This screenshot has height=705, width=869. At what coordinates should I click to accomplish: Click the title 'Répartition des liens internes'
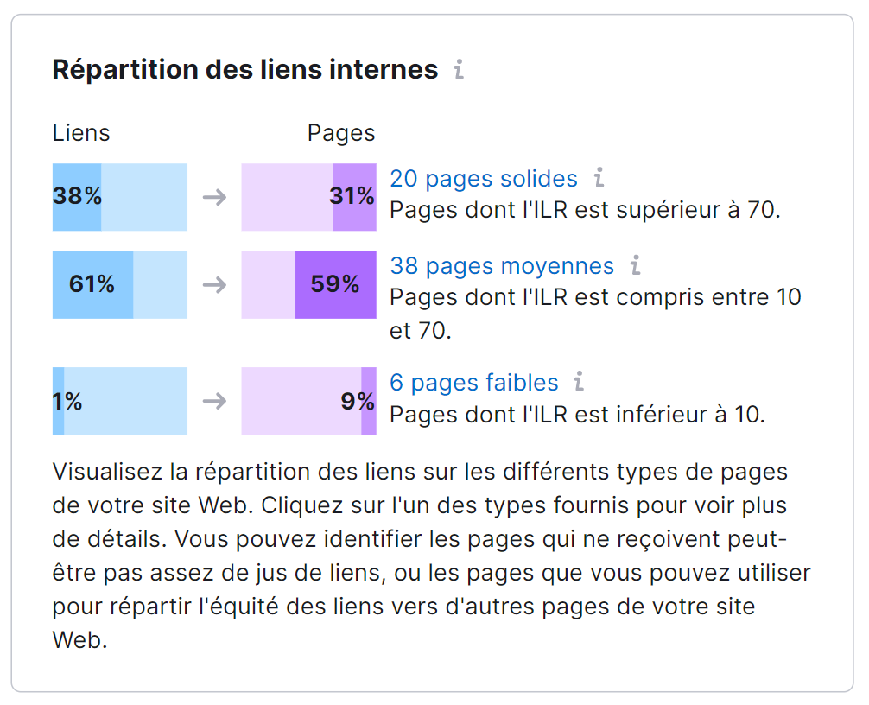click(x=245, y=69)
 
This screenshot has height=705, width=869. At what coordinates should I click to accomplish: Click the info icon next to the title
click(x=459, y=69)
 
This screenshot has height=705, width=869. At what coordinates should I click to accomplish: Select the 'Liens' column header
click(x=81, y=133)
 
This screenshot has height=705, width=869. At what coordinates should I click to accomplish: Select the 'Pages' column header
click(x=341, y=133)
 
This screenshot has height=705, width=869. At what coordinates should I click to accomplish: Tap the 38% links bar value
click(x=77, y=197)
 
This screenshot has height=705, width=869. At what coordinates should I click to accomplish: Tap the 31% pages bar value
click(x=352, y=197)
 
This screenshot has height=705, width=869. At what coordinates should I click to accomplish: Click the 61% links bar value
click(x=92, y=284)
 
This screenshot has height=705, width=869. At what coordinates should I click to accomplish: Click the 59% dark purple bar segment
click(x=335, y=284)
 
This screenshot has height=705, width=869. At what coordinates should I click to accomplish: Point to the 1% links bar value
click(x=67, y=401)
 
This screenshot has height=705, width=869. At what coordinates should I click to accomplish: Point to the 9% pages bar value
click(x=358, y=401)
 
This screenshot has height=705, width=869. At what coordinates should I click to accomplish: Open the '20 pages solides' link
click(x=484, y=179)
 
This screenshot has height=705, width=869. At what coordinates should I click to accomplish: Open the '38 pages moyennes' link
click(x=502, y=266)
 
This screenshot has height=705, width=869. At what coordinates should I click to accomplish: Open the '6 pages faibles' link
click(x=474, y=382)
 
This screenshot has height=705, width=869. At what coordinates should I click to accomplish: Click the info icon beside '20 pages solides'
click(x=599, y=179)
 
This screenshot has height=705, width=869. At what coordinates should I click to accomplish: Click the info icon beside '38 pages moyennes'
click(x=635, y=266)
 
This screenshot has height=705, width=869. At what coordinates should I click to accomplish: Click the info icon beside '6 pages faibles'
click(x=579, y=382)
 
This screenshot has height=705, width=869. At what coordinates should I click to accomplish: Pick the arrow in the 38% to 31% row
click(x=214, y=197)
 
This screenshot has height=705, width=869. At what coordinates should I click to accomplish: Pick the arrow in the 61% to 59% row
click(x=214, y=284)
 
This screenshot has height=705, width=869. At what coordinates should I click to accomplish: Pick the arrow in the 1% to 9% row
click(x=214, y=401)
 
